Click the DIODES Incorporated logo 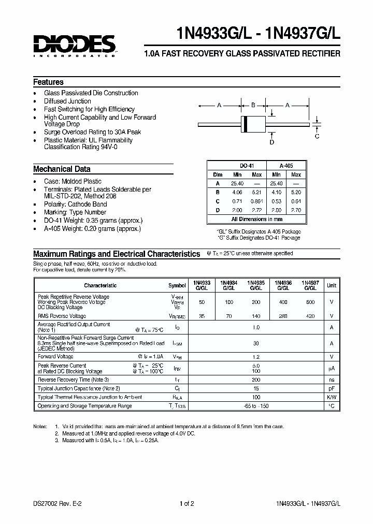point(74,46)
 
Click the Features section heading point(48,82)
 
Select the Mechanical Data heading point(62,169)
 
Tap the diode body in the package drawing point(253,124)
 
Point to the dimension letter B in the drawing point(253,106)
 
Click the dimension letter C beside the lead point(317,136)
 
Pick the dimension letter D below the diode point(271,142)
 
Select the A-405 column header point(286,166)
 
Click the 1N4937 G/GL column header point(310,285)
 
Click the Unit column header point(332,285)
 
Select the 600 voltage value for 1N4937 point(310,301)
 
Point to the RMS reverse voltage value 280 point(283,316)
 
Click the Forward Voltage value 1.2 point(256,357)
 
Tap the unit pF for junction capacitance point(332,388)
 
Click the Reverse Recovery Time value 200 point(256,380)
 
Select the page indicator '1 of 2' point(187,503)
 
